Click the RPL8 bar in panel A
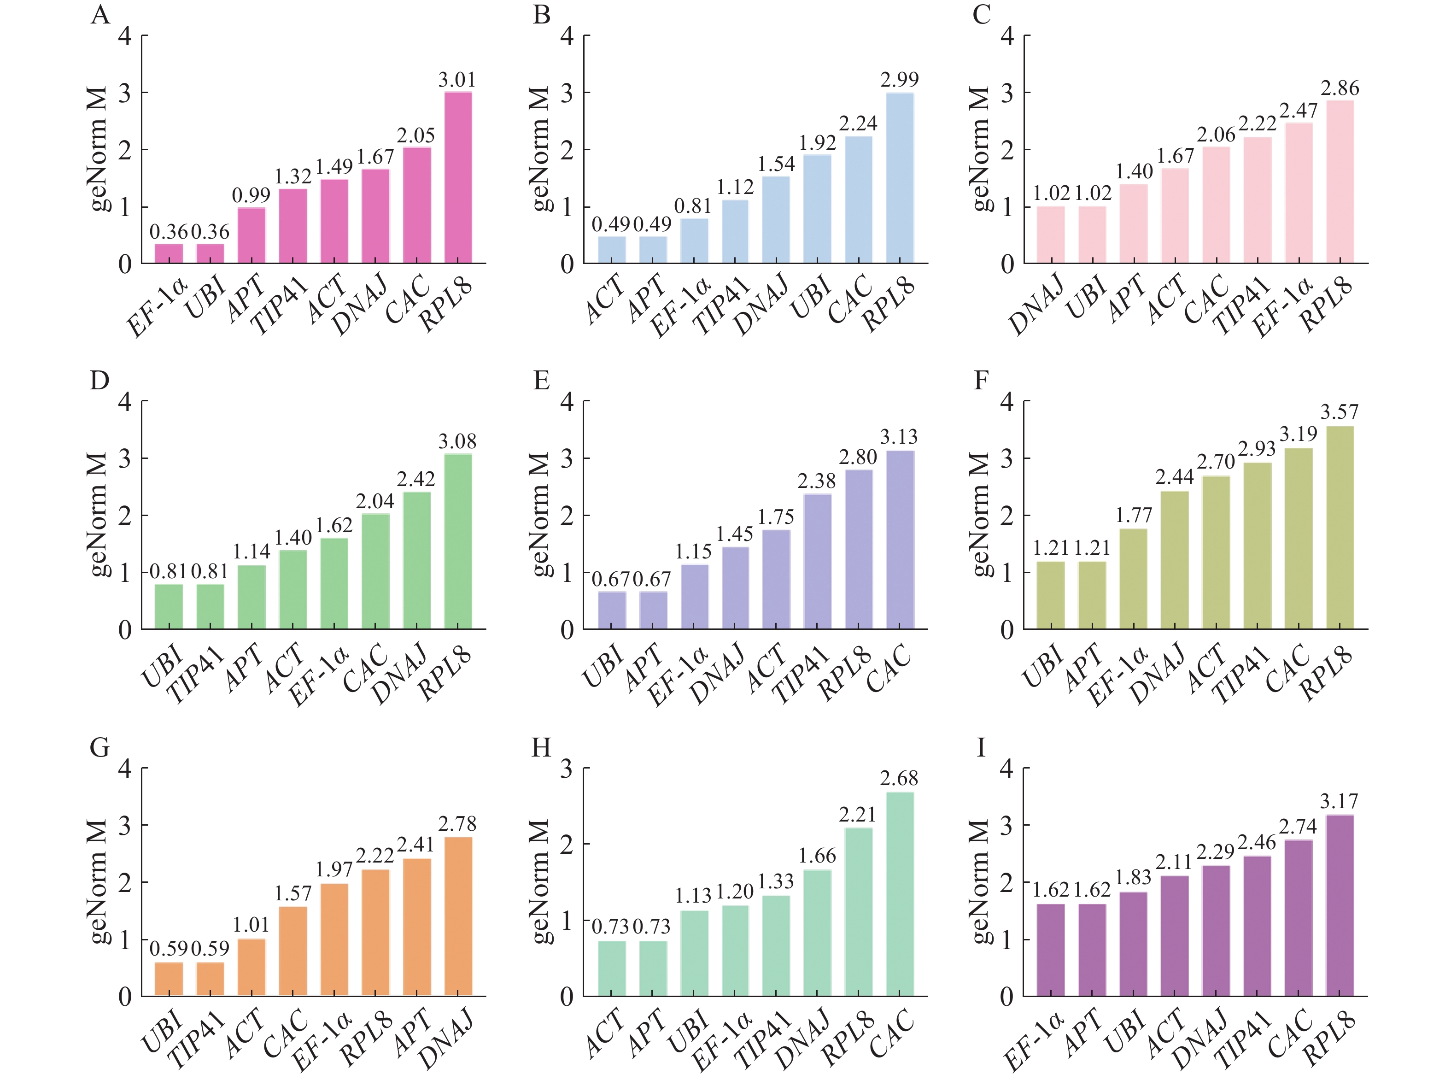(x=457, y=178)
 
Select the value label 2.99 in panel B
(x=899, y=80)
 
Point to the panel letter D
(x=99, y=380)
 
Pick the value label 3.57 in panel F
(x=1339, y=412)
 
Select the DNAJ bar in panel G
(x=457, y=916)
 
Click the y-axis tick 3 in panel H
(x=567, y=769)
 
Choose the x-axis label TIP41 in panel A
(x=280, y=305)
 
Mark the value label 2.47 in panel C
(x=1298, y=111)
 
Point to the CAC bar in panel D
(x=375, y=571)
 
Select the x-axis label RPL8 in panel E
(x=846, y=673)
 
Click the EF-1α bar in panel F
(x=1133, y=579)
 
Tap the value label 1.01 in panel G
(x=251, y=925)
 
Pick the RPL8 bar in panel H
(x=858, y=912)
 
